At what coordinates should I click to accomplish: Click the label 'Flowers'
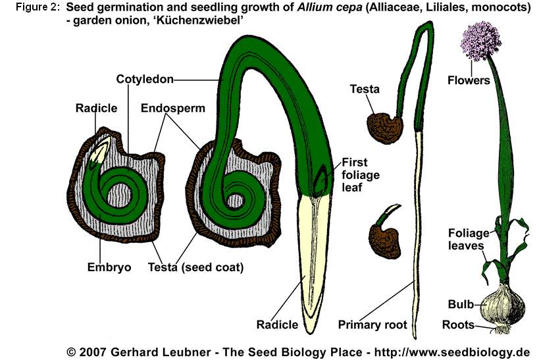[469, 81]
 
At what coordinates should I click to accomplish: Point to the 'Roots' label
[459, 324]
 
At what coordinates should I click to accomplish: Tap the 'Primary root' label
[372, 324]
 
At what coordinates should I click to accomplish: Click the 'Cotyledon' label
[145, 80]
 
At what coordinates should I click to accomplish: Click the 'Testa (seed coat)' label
[195, 267]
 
